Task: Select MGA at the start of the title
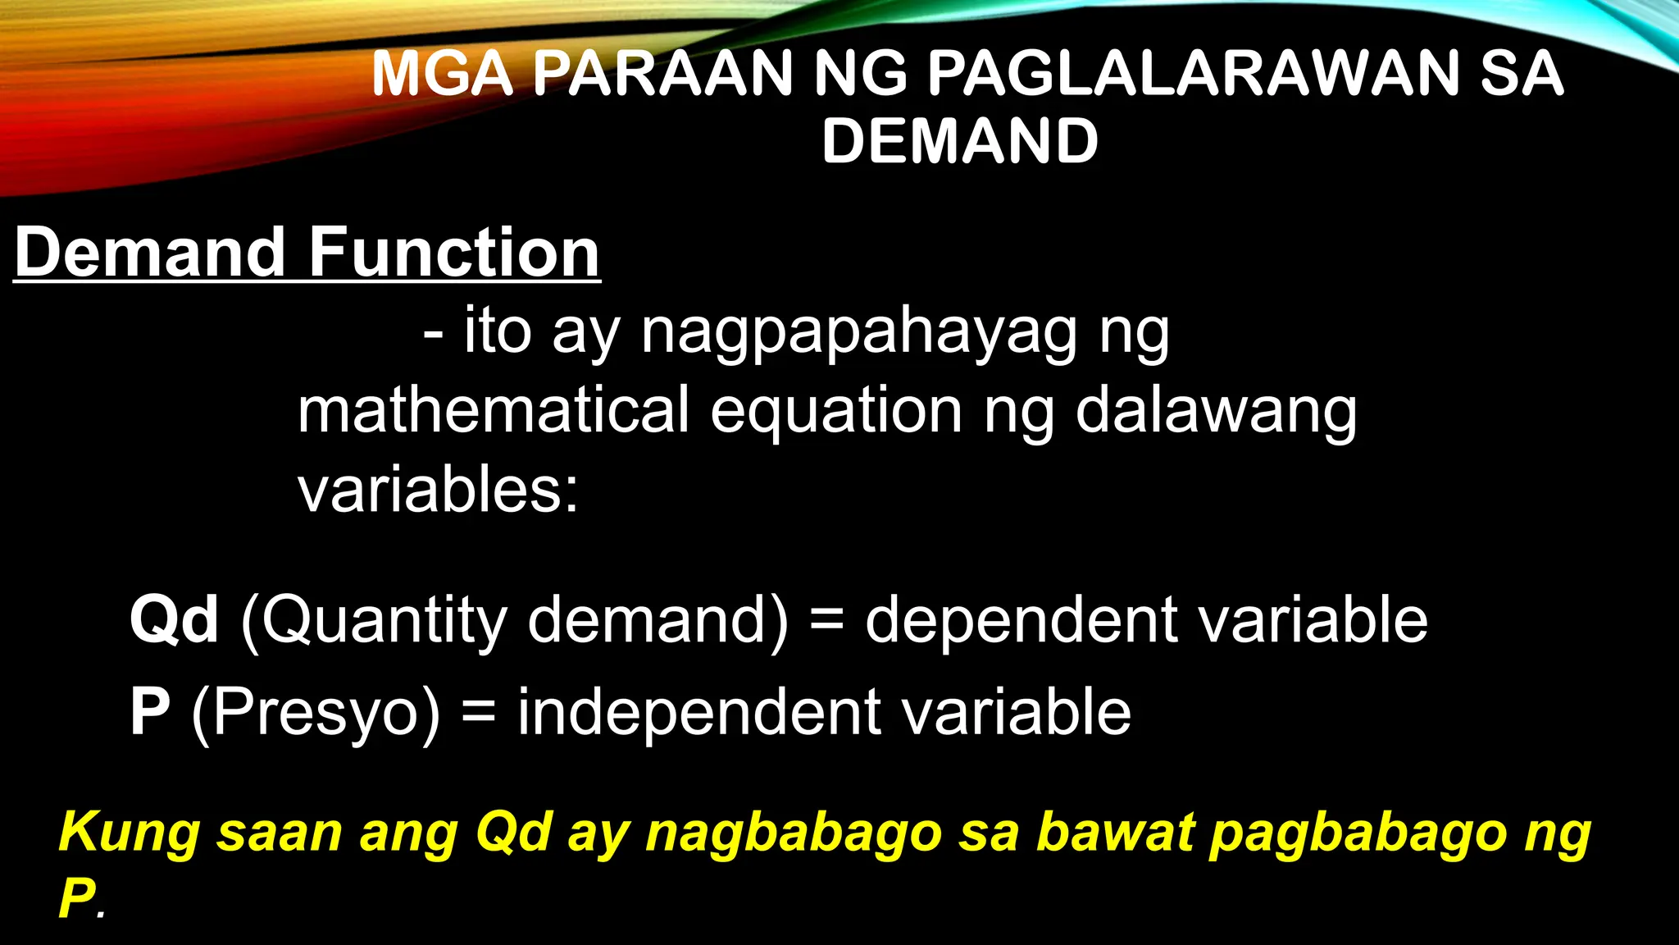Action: pyautogui.click(x=443, y=74)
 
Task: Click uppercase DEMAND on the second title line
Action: pyautogui.click(x=960, y=141)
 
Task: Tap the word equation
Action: pyautogui.click(x=836, y=412)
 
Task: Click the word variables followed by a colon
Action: pyautogui.click(x=438, y=489)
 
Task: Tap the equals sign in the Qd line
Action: pyautogui.click(x=826, y=621)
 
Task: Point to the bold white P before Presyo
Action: pyautogui.click(x=150, y=711)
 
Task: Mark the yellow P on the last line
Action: pyautogui.click(x=77, y=897)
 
